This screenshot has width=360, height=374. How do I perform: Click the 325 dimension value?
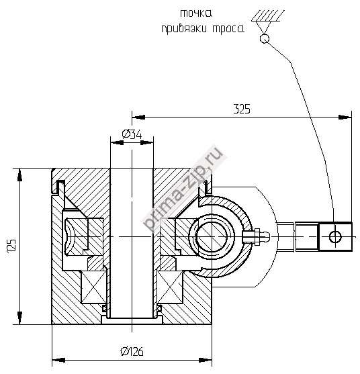pyautogui.click(x=242, y=109)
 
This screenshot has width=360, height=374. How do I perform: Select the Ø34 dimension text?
pyautogui.click(x=132, y=134)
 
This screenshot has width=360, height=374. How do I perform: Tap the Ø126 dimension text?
pyautogui.click(x=132, y=351)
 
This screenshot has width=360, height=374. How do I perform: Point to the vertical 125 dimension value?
pyautogui.click(x=11, y=246)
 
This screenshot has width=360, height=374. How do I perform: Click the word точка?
pyautogui.click(x=196, y=13)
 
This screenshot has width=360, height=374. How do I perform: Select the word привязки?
pyautogui.click(x=185, y=29)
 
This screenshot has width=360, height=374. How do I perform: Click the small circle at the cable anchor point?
pyautogui.click(x=265, y=38)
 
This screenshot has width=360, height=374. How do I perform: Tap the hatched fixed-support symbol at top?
pyautogui.click(x=268, y=15)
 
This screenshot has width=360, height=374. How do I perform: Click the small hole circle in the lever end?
pyautogui.click(x=335, y=236)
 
